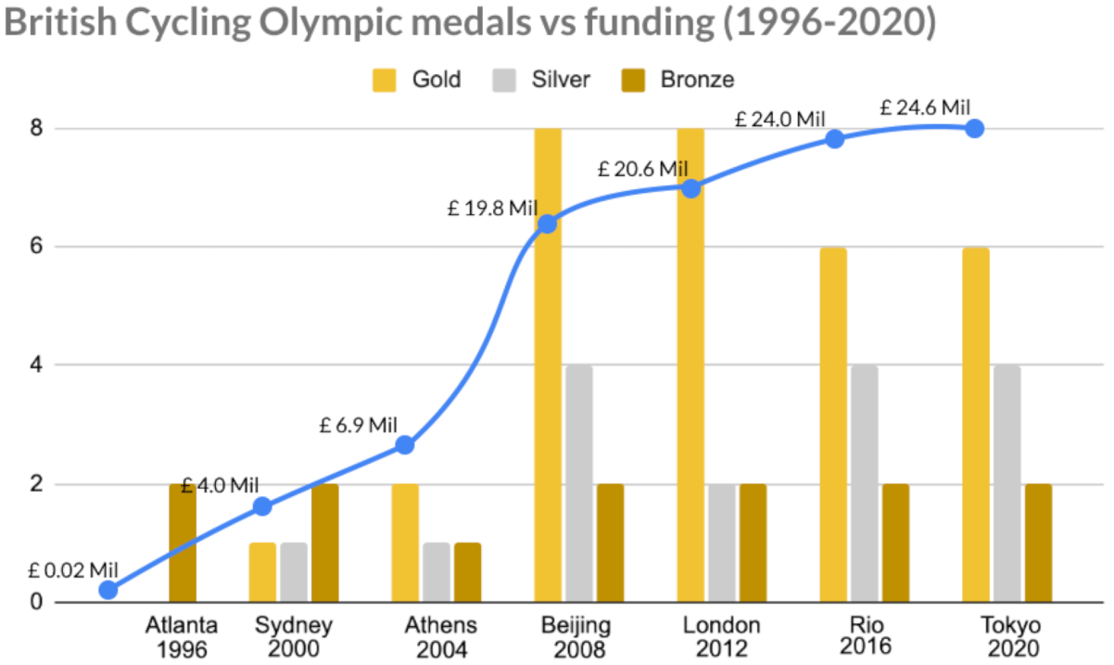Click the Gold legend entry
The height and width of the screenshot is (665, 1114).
418,80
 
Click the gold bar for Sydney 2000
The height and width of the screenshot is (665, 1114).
262,572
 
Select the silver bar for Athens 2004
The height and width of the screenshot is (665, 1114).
437,572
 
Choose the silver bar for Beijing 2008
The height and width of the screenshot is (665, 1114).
579,483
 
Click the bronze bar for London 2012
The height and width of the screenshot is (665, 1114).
753,543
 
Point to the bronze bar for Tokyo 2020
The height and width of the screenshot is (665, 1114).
1038,543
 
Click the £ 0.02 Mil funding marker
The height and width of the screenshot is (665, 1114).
108,590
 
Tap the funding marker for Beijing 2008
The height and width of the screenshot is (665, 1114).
547,224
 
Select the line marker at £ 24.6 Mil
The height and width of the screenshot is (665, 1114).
974,129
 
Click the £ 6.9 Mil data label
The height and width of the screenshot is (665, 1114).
359,426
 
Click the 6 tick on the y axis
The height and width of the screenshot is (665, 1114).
37,247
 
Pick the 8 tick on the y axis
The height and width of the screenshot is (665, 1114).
37,129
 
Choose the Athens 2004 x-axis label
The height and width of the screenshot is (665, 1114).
440,636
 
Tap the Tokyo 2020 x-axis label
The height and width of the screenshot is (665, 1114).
1010,636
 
